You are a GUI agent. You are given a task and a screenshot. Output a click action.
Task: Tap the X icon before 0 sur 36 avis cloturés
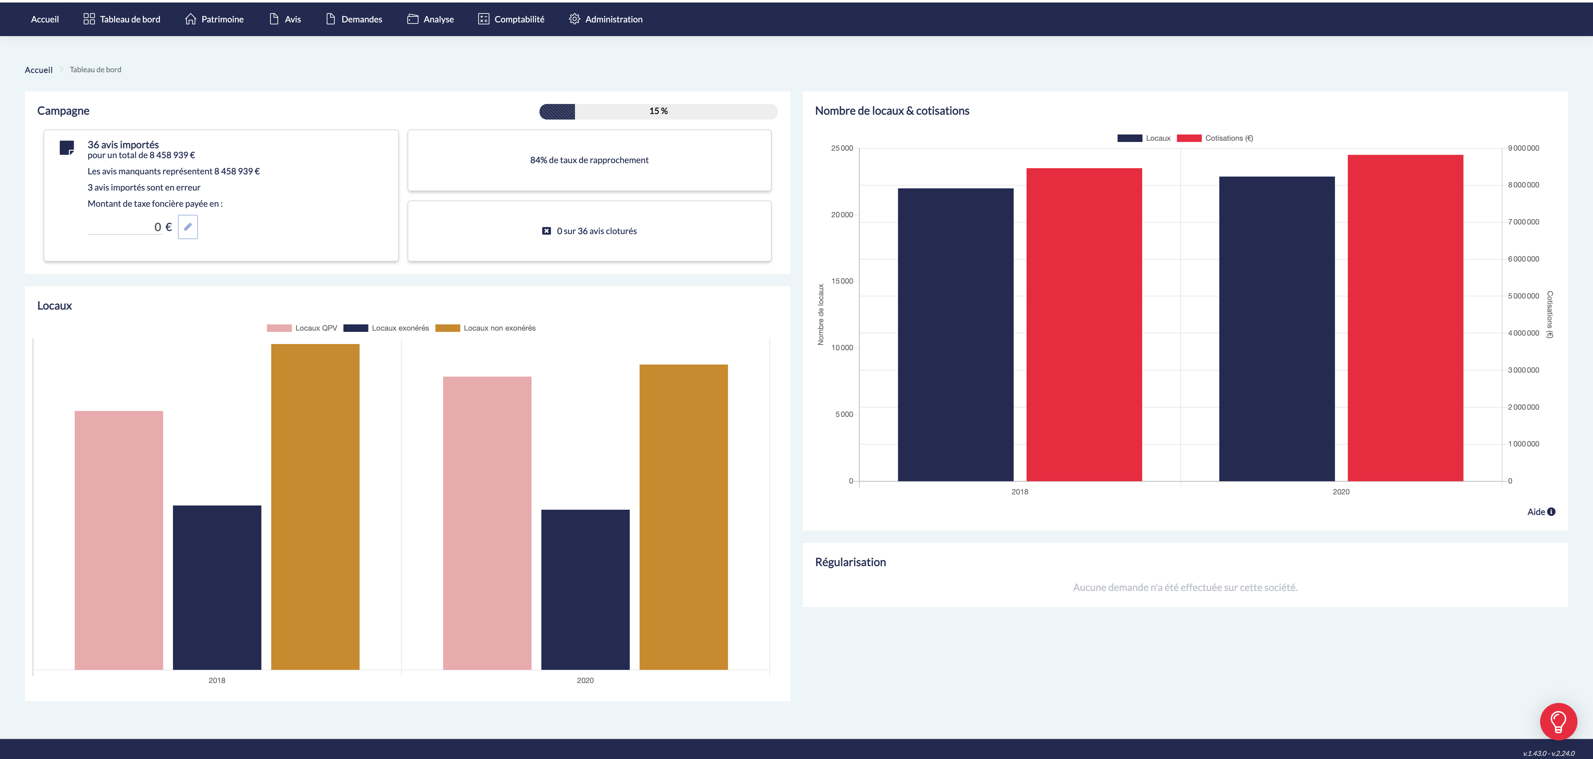(546, 231)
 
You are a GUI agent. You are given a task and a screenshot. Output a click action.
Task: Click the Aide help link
(1540, 511)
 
